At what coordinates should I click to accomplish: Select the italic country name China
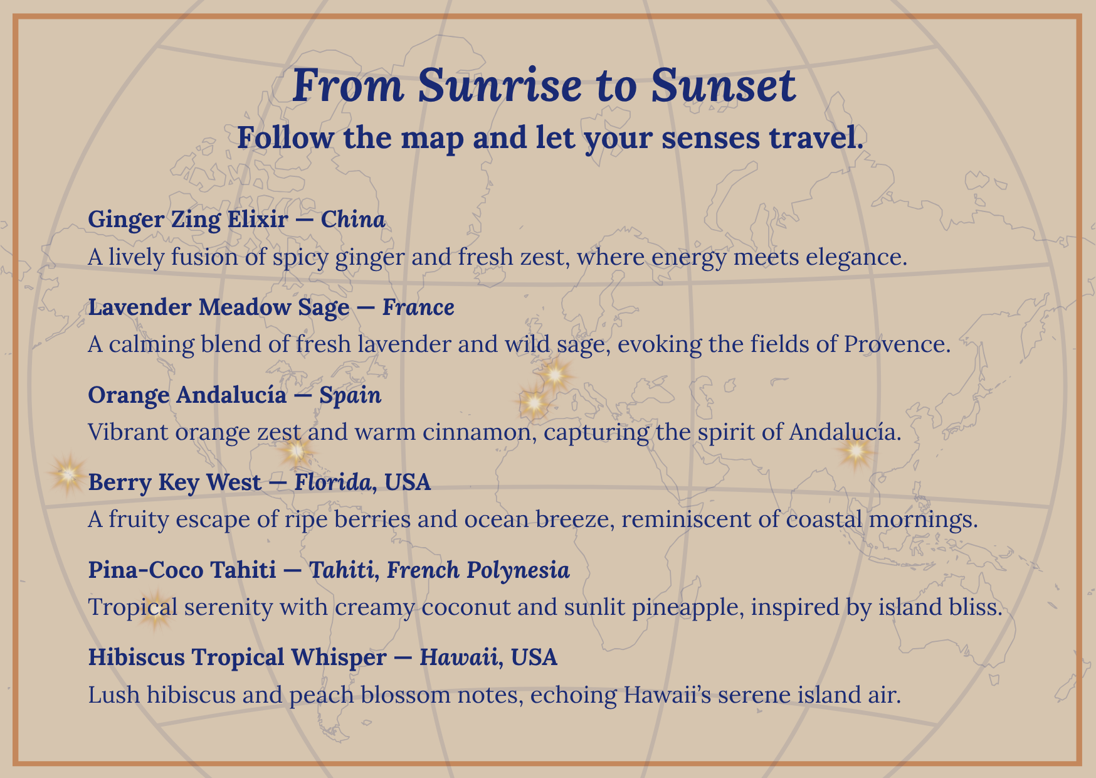pos(353,220)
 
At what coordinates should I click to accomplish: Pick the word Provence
pos(897,344)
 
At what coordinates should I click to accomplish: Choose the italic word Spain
pos(350,395)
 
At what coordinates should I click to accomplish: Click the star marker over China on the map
pos(856,451)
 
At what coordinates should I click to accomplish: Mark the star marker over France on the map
pos(555,375)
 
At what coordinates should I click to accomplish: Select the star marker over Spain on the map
pos(534,402)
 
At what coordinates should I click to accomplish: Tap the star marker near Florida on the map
pos(296,450)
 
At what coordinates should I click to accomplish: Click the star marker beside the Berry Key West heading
pos(68,474)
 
